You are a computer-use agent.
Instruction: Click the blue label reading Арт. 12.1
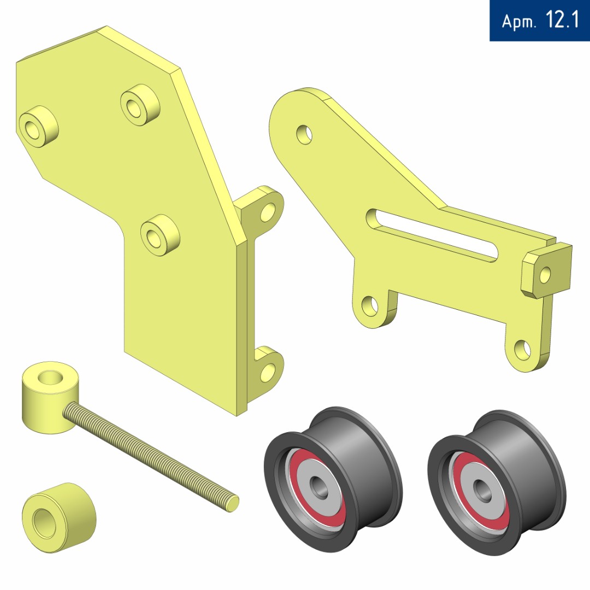[540, 20]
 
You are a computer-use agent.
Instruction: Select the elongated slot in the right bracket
[432, 235]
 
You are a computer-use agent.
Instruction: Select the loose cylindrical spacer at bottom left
[58, 517]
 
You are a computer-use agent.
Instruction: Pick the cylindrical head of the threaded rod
[50, 397]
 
